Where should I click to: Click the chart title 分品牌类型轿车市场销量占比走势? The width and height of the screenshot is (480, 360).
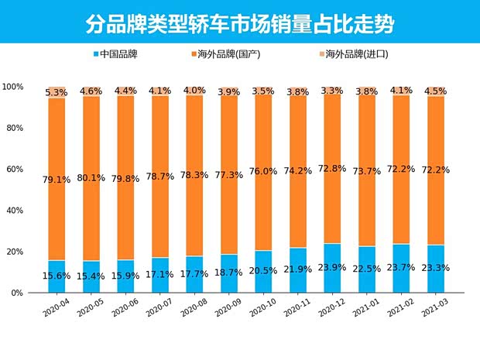click(x=239, y=23)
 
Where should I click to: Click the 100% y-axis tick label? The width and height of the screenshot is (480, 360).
click(x=12, y=86)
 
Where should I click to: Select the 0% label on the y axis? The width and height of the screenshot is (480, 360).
click(x=17, y=293)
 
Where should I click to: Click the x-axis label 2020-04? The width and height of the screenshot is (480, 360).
click(x=56, y=310)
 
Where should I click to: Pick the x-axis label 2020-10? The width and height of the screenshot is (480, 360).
click(x=262, y=310)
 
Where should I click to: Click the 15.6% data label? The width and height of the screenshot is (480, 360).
click(x=57, y=276)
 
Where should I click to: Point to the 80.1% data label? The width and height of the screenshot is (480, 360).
click(x=91, y=177)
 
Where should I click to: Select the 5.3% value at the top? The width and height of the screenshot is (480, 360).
click(x=57, y=92)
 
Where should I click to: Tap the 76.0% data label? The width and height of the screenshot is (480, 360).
click(x=263, y=172)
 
